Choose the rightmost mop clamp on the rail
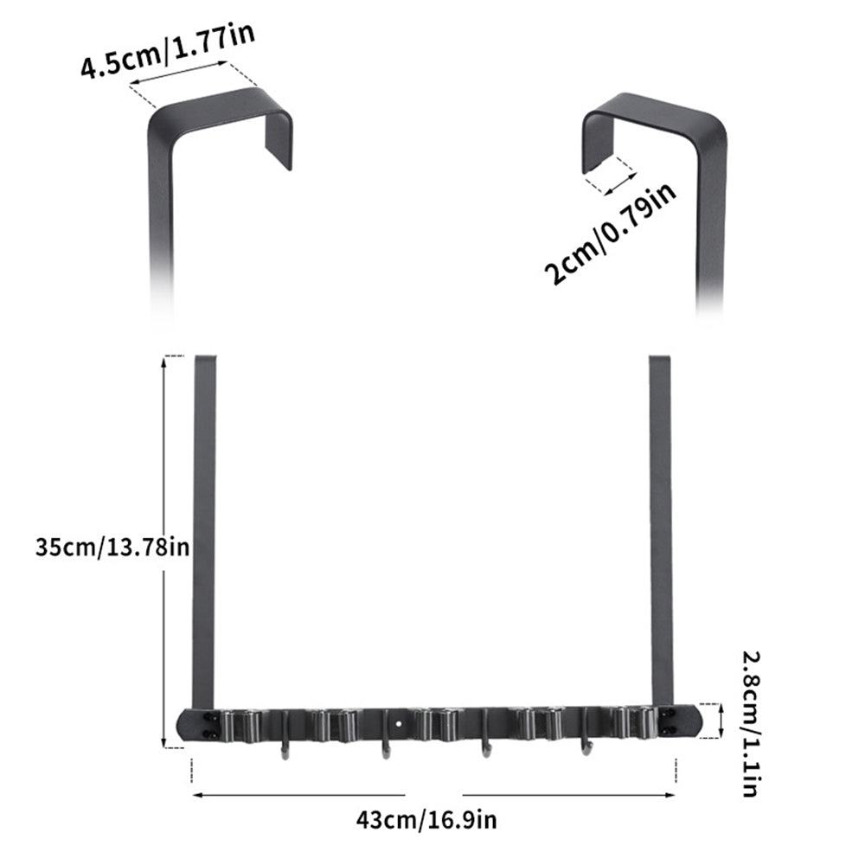pos(636,724)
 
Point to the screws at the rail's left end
pos(208,725)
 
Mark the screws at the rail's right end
pos(666,722)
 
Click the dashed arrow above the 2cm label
pos(611,176)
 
